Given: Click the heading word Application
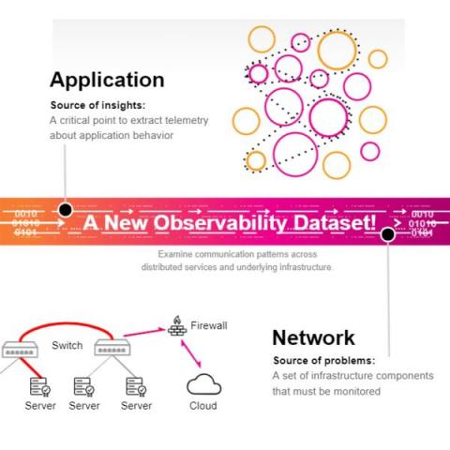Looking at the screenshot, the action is click(x=107, y=81).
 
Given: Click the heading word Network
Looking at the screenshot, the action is click(x=313, y=337).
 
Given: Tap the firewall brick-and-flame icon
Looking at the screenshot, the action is click(x=177, y=326).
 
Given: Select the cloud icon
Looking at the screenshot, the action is click(x=203, y=384).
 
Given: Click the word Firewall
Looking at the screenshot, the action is click(x=209, y=325).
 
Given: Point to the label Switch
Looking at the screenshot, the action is click(x=67, y=345).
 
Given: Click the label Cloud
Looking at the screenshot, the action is click(x=203, y=406).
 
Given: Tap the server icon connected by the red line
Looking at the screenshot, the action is click(x=40, y=387).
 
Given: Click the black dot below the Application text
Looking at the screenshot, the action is click(x=66, y=210).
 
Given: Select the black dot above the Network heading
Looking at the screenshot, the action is click(x=388, y=234).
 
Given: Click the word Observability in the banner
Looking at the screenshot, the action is click(x=220, y=223).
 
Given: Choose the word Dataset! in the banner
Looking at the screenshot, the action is click(x=335, y=222).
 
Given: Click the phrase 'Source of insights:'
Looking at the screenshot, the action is click(x=97, y=105).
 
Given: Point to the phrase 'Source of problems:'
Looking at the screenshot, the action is click(x=323, y=360).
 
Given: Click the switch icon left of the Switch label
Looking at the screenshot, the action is click(x=20, y=350).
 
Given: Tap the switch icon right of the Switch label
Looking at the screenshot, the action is click(x=112, y=348).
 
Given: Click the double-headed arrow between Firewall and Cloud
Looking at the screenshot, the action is click(x=191, y=353).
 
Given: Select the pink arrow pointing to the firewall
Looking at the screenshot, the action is click(x=144, y=332).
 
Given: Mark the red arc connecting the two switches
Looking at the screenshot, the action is click(x=67, y=323).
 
